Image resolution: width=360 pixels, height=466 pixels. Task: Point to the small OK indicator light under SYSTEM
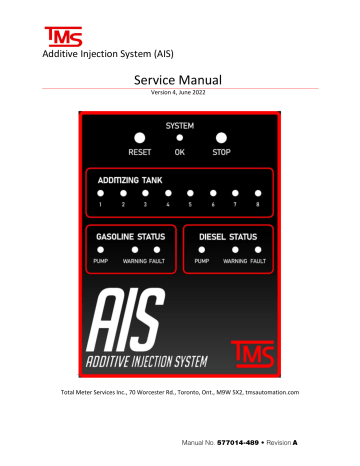click(180, 138)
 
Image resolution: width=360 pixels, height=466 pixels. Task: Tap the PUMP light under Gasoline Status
click(101, 248)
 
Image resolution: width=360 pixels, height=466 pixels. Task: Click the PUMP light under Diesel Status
click(201, 248)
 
